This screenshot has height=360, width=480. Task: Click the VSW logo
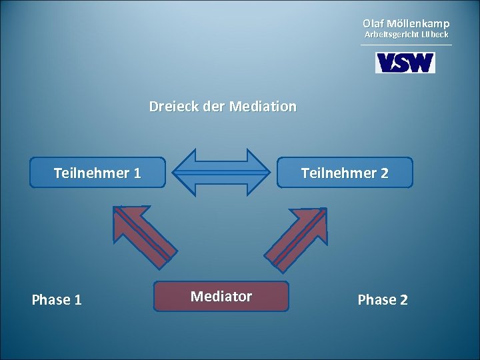point(405,63)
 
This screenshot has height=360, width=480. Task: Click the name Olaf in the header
point(374,23)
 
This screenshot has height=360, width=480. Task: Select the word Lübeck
point(433,34)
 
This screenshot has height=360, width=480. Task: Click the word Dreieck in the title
point(169,107)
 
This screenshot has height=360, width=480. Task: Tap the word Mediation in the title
point(263,107)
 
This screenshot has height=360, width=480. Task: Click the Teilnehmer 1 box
point(97,173)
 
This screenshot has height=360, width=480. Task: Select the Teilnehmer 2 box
point(345,173)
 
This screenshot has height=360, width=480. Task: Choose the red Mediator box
point(221,297)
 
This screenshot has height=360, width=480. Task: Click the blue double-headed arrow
point(221,172)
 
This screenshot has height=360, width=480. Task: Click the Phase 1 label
point(57,300)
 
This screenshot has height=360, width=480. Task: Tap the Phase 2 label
point(383,300)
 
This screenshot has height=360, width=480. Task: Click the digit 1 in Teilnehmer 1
point(137,173)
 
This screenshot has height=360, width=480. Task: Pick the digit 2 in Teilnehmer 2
point(384,173)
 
